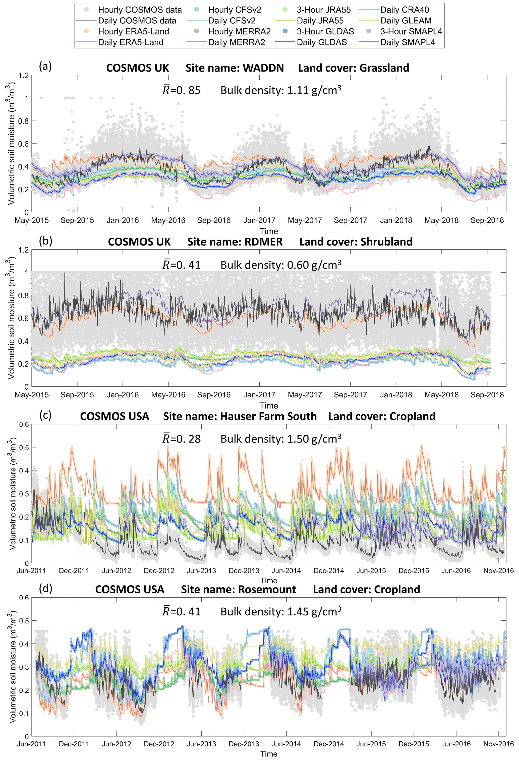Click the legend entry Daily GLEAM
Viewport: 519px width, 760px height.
click(406, 21)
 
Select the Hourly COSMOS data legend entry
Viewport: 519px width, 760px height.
click(139, 10)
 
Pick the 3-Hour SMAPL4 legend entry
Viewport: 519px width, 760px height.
click(411, 31)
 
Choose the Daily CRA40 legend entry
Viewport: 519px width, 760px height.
click(405, 10)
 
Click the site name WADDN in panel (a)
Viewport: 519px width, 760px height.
click(263, 68)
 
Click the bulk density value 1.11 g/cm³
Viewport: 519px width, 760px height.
click(314, 90)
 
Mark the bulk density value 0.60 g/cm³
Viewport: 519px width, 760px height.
click(314, 265)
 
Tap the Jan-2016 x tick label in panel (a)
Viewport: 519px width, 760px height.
click(123, 220)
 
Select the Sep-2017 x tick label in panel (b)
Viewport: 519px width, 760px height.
click(350, 395)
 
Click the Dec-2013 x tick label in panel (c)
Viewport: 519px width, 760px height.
click(244, 571)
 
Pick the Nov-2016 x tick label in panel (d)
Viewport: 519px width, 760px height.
click(498, 744)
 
